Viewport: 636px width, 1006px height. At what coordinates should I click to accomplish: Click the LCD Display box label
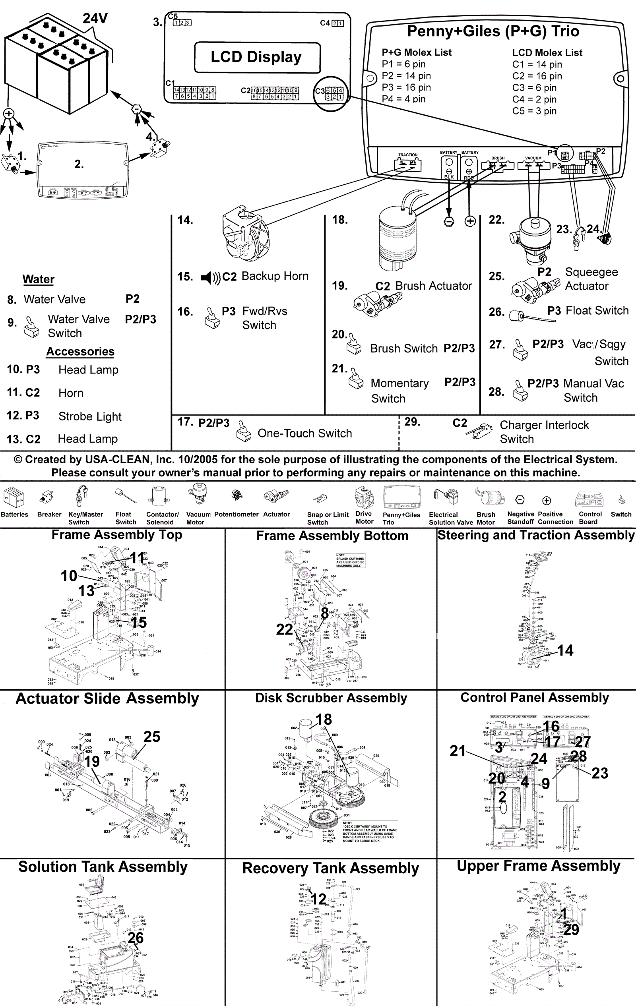click(x=256, y=57)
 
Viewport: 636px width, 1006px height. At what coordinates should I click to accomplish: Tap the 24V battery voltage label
click(x=95, y=18)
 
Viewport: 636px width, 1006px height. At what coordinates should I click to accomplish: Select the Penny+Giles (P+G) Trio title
click(x=493, y=31)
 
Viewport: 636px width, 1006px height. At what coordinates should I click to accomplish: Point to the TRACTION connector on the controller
click(x=407, y=163)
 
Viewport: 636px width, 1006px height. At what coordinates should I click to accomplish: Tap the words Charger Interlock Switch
click(x=544, y=432)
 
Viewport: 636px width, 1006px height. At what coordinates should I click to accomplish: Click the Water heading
click(x=39, y=279)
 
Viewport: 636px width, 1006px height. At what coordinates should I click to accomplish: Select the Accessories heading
click(x=80, y=351)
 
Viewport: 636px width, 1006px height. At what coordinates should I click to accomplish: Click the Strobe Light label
click(x=90, y=416)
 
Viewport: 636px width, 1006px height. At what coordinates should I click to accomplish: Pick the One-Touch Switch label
click(x=304, y=433)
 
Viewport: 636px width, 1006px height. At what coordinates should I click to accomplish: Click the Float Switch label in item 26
click(x=597, y=310)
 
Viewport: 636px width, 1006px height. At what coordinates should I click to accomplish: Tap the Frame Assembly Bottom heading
click(x=332, y=536)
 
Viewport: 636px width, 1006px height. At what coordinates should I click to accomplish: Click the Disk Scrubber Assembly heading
click(x=331, y=698)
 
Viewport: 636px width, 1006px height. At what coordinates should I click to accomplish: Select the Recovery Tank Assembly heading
click(x=331, y=868)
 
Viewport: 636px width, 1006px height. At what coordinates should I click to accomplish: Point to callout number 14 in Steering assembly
click(x=565, y=650)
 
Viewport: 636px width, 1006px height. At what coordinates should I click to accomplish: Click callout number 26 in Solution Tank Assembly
click(x=136, y=938)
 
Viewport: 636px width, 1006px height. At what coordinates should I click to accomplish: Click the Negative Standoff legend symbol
click(x=520, y=500)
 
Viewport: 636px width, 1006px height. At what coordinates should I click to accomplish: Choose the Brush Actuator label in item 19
click(x=433, y=286)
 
